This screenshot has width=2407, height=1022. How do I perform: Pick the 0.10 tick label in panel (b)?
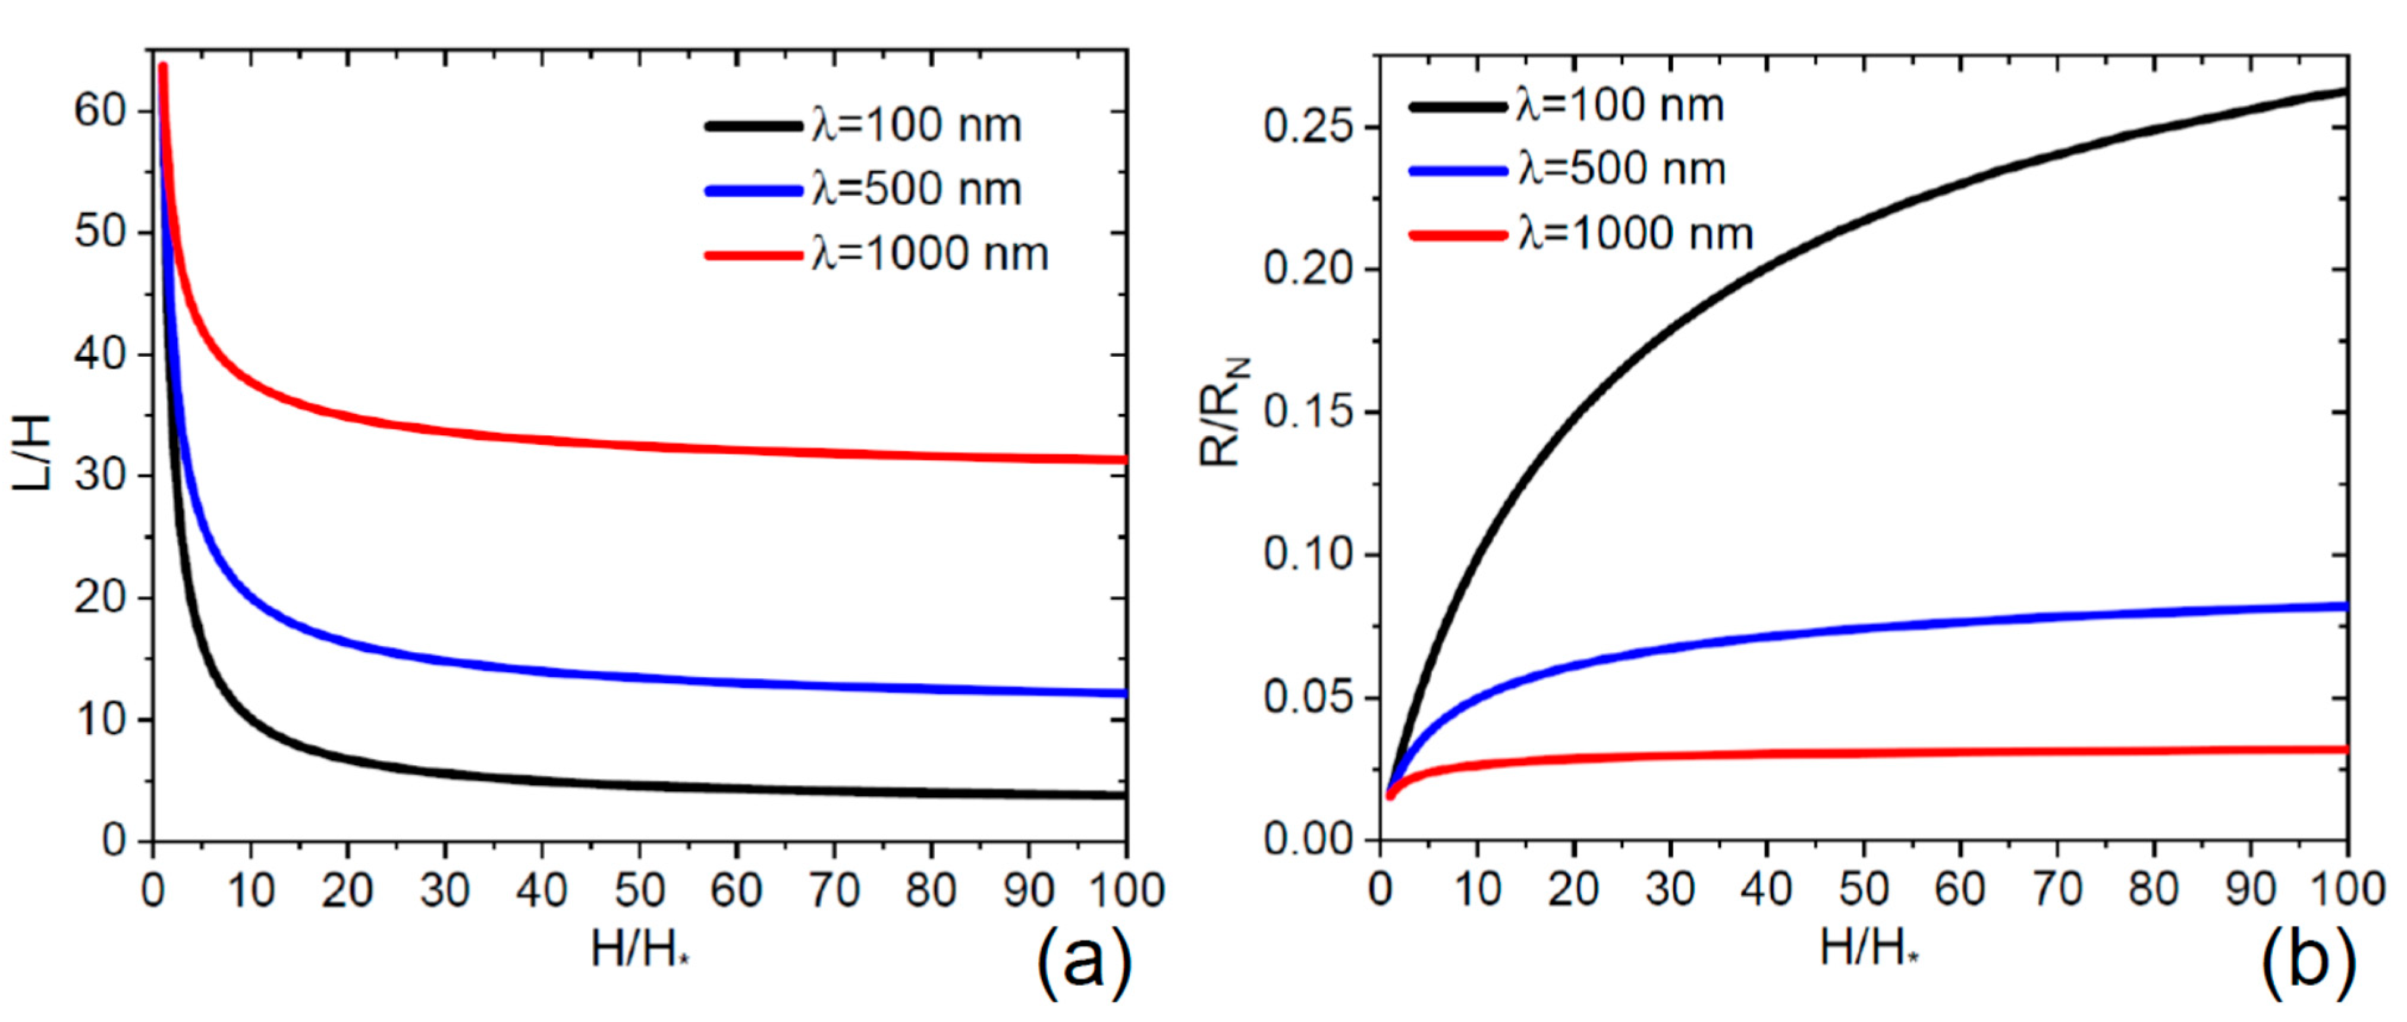click(1308, 555)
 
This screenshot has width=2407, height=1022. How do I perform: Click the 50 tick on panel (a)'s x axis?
click(639, 890)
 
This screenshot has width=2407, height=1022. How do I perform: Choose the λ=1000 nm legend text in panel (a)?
click(930, 253)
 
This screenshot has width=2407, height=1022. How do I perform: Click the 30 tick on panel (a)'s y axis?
click(99, 476)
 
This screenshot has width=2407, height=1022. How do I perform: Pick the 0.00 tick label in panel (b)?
click(1308, 840)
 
